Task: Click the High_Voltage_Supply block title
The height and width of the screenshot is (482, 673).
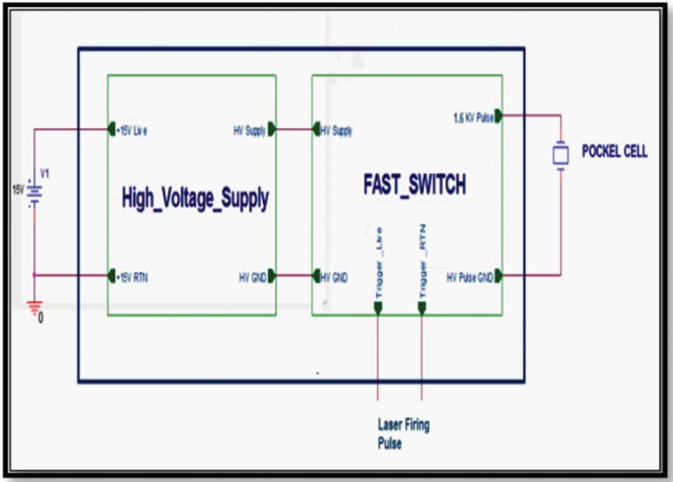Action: coord(195,199)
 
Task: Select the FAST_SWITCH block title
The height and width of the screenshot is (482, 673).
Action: coord(414,185)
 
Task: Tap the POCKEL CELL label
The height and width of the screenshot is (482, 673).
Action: coord(614,152)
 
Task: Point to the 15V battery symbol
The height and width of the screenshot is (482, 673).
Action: coord(35,191)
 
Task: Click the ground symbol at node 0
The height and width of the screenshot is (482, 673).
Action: coord(35,305)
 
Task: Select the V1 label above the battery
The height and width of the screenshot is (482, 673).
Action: coord(46,173)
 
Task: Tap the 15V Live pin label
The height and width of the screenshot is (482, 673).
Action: coord(132,131)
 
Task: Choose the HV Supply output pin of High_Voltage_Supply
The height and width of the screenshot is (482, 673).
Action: coord(272,131)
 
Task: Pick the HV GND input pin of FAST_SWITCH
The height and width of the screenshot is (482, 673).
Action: coord(317,277)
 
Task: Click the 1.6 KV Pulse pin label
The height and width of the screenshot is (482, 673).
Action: coord(473,116)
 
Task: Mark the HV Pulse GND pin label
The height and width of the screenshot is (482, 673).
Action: coord(469,277)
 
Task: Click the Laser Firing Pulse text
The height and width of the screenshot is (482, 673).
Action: coord(403,432)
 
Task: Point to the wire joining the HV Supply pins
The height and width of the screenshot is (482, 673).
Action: coord(294,131)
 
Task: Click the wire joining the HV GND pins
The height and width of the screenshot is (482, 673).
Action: coord(294,277)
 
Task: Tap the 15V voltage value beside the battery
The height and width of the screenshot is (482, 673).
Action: coord(17,189)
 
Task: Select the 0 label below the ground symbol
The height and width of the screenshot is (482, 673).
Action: coord(40,318)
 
